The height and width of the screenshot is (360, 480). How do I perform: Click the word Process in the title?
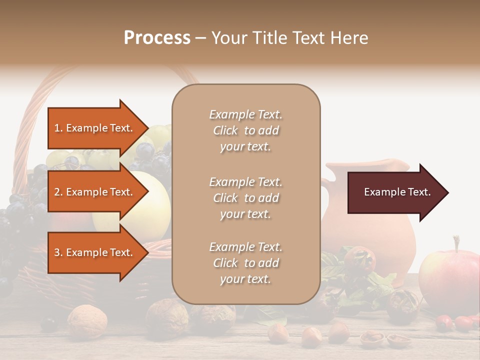pyautogui.click(x=157, y=38)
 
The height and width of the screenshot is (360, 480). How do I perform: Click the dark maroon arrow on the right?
pyautogui.click(x=395, y=192)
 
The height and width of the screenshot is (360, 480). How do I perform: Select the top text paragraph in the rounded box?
pyautogui.click(x=245, y=130)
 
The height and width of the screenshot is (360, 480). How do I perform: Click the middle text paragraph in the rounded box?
pyautogui.click(x=245, y=198)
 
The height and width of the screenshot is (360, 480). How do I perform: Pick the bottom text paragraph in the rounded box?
pyautogui.click(x=245, y=263)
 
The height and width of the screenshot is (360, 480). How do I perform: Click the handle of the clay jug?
pyautogui.click(x=325, y=200)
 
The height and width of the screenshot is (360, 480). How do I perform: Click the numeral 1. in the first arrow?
pyautogui.click(x=58, y=128)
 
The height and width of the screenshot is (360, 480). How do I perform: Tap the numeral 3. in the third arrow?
pyautogui.click(x=58, y=252)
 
